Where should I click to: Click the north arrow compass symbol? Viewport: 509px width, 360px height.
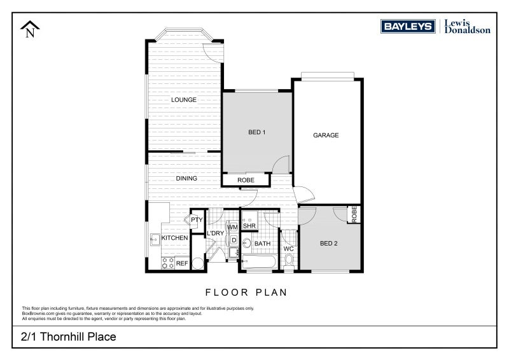(x=30, y=29)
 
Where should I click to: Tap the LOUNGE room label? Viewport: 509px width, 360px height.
(x=183, y=100)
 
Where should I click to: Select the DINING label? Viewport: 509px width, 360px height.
(x=186, y=179)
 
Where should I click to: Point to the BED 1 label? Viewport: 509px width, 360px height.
(x=256, y=132)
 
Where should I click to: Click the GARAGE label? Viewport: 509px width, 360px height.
(x=326, y=135)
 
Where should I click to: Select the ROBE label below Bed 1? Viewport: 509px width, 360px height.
(x=246, y=181)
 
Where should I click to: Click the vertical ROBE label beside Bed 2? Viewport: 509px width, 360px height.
(x=354, y=214)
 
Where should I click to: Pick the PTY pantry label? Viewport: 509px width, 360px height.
(x=197, y=220)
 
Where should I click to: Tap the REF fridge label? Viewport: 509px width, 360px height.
(x=181, y=263)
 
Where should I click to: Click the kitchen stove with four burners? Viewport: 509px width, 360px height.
(x=168, y=262)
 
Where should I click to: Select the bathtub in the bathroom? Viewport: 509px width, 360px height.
(x=260, y=261)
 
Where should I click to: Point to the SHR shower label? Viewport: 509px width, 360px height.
(x=249, y=226)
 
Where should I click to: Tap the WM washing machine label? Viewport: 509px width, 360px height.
(x=233, y=226)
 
